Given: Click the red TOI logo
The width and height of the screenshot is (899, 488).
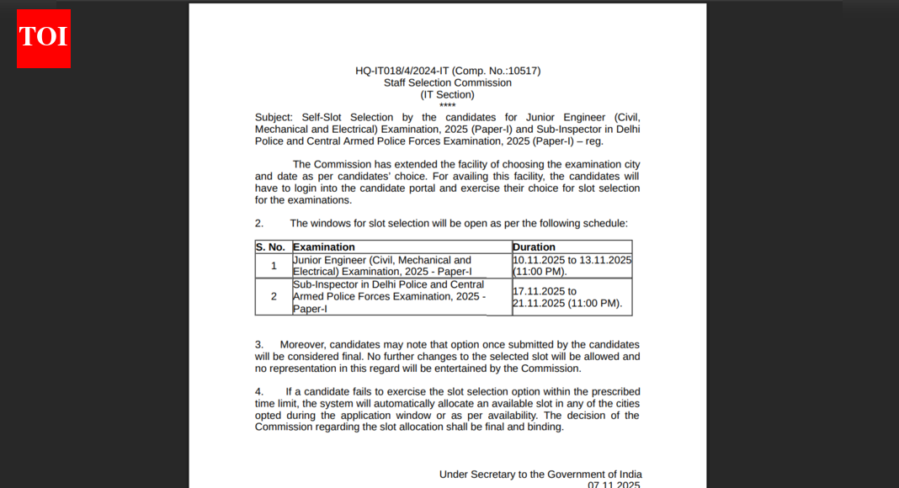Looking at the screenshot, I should click(x=44, y=39).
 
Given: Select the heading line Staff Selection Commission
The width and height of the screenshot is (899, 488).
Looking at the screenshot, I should click(x=448, y=82).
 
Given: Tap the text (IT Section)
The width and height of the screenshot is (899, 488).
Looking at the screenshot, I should click(x=448, y=94).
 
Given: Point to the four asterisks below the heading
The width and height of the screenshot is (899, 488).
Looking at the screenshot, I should click(x=447, y=105).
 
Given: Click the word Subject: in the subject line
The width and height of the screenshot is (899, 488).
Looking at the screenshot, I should click(x=274, y=117).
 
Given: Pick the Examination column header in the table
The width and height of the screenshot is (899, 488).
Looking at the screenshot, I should click(x=324, y=247).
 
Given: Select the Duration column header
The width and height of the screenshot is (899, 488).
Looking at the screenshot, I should click(x=534, y=247).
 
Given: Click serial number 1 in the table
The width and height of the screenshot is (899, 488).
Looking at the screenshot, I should click(x=274, y=266).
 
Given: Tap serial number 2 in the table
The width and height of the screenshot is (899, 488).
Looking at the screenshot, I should click(x=274, y=296).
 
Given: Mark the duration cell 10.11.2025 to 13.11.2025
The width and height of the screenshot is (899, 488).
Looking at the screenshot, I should click(x=572, y=266).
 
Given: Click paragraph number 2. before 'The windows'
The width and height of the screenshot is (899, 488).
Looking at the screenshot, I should click(x=259, y=223).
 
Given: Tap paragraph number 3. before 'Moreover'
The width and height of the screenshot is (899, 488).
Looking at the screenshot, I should click(x=259, y=344).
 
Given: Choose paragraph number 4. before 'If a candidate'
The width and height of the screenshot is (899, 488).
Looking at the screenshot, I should click(x=259, y=391).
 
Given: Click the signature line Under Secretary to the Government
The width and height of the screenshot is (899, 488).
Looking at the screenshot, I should click(x=540, y=475).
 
